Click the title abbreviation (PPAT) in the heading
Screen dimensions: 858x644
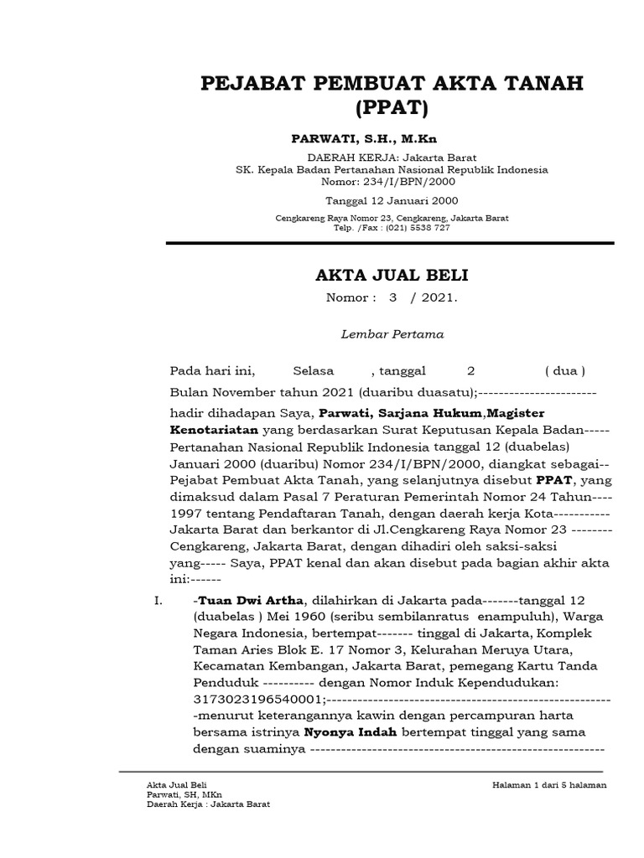pos(391,108)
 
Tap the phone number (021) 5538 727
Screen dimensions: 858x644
pos(418,228)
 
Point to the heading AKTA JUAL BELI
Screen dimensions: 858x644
pos(391,275)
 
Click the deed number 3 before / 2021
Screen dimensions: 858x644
pos(391,297)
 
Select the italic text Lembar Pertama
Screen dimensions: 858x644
pos(391,333)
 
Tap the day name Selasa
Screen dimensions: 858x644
pos(313,370)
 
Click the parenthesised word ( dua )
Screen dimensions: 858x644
pos(564,370)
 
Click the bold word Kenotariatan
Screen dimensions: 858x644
pos(214,428)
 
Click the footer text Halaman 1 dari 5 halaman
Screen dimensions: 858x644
pos(549,784)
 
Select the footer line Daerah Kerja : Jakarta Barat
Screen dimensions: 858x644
pos(208,803)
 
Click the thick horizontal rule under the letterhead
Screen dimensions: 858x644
pos(391,243)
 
